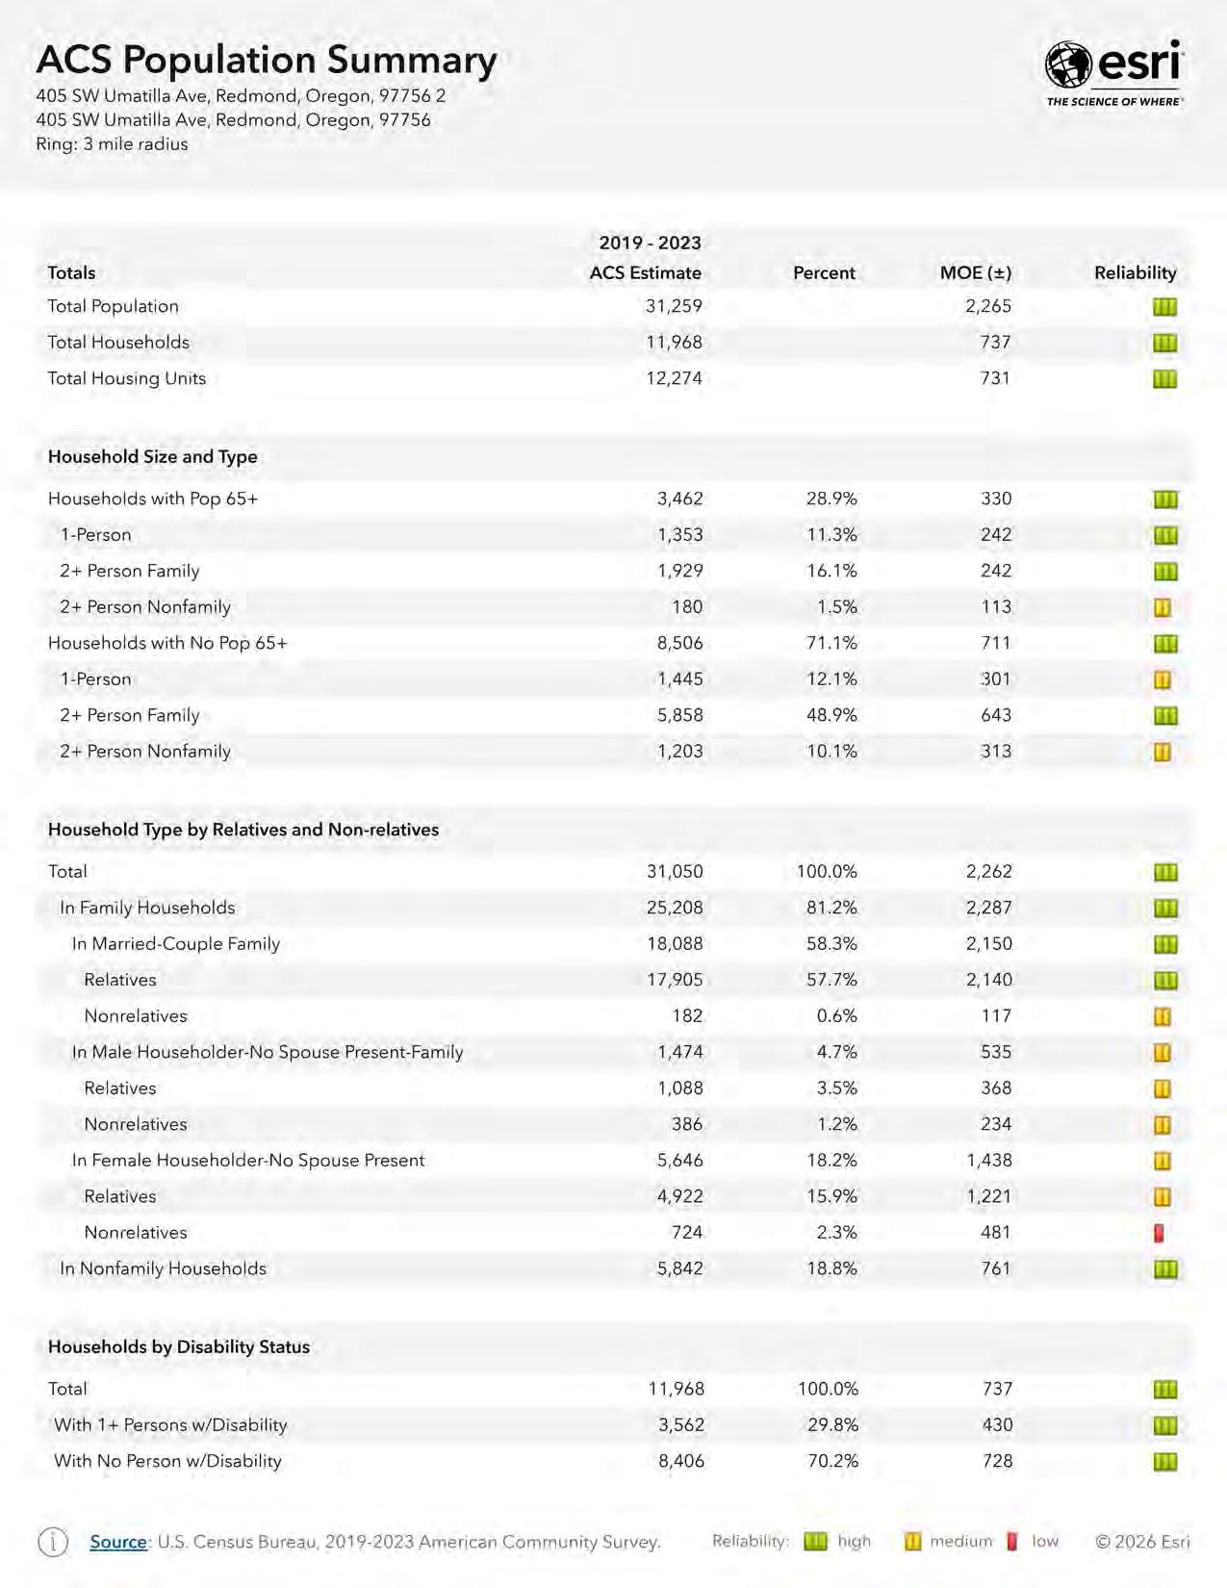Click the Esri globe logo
click(1068, 65)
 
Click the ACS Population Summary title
click(267, 60)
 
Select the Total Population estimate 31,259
click(674, 306)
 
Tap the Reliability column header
click(1135, 272)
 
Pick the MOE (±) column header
click(975, 272)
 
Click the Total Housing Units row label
click(127, 378)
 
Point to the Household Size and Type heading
click(153, 456)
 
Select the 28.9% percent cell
click(831, 499)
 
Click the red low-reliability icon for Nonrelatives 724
click(1160, 1233)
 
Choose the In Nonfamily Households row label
click(163, 1268)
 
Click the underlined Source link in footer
click(118, 1542)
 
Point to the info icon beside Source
click(53, 1542)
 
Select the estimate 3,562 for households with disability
click(680, 1424)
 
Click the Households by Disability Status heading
click(179, 1346)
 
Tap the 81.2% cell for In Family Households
click(831, 908)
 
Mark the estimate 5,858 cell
click(679, 715)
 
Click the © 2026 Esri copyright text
click(1142, 1542)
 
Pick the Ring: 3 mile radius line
click(112, 144)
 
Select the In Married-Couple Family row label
click(176, 943)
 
